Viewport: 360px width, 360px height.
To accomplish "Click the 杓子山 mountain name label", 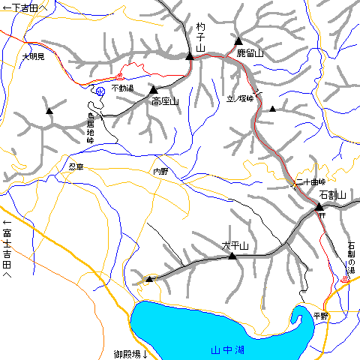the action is tap(200, 37).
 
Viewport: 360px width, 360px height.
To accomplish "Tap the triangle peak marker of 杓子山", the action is tap(190, 55).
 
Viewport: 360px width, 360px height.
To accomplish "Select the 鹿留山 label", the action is tap(250, 54).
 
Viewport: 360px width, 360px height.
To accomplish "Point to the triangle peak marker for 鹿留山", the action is tap(238, 40).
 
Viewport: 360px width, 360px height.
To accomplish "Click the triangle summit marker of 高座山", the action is tap(153, 89).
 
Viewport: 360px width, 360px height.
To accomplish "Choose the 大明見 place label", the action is tap(33, 56).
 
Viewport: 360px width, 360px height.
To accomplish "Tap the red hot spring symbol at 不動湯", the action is tap(119, 76).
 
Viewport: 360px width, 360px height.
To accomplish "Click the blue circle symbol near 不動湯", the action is tap(100, 91).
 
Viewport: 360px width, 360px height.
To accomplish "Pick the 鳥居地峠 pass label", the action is tap(91, 127).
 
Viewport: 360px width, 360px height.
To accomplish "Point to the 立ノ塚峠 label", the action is tap(241, 98).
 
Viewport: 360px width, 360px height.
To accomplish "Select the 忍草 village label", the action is tap(75, 166).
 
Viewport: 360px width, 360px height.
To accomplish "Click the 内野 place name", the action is tap(160, 172).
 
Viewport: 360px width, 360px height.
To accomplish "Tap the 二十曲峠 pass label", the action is tap(310, 182).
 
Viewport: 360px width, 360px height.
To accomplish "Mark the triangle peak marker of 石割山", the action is tap(319, 205).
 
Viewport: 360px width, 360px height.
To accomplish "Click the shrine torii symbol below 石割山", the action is tap(321, 216).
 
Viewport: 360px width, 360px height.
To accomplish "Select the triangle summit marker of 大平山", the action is tap(232, 256).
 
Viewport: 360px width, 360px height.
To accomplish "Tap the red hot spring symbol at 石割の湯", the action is tap(345, 279).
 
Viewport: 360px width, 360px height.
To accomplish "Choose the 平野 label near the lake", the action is tap(321, 316).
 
